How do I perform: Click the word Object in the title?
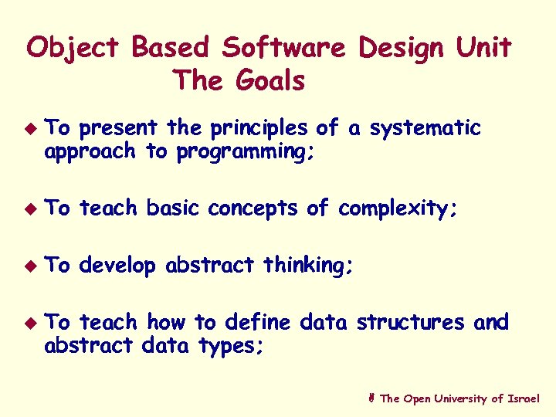point(73,49)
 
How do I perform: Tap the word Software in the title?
point(283,49)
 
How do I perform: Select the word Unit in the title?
point(483,49)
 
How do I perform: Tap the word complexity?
point(398,208)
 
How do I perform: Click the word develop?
point(117,266)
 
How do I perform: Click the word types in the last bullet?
point(231,346)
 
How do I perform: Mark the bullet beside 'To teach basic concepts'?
point(31,208)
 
